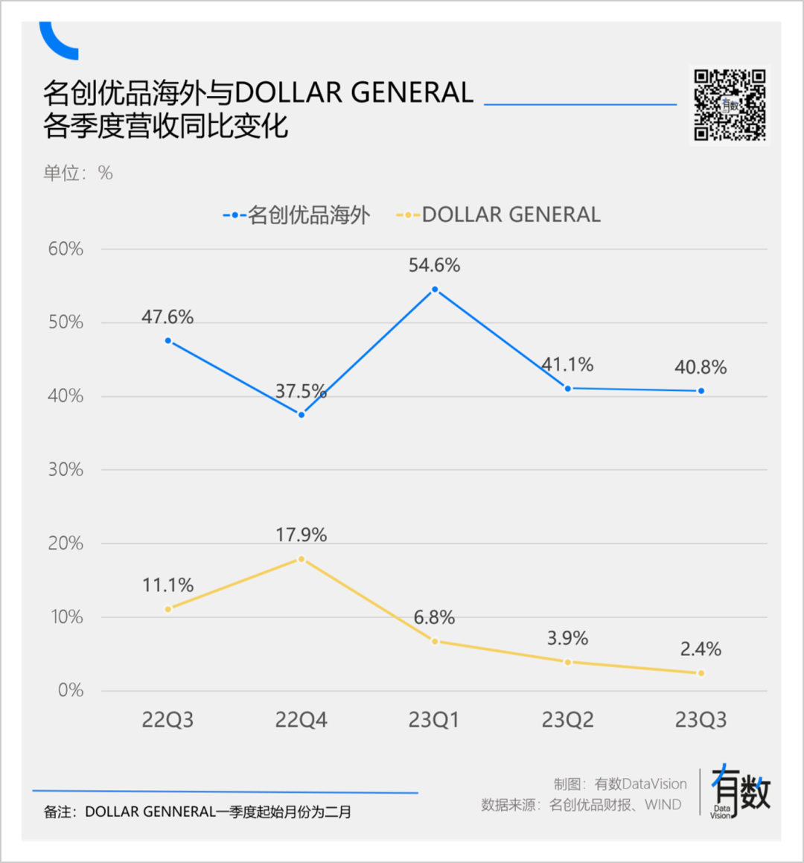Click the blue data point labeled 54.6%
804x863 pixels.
point(435,290)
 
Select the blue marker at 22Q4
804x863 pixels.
point(301,415)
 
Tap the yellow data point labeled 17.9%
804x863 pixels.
point(301,558)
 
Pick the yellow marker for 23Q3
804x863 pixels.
point(701,673)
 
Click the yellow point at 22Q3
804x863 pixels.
point(168,609)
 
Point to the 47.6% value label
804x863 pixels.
point(167,317)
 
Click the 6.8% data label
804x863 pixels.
point(434,617)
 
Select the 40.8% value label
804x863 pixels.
point(701,367)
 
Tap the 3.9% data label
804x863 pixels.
point(567,638)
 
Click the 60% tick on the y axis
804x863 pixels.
point(66,249)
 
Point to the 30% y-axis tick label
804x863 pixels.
point(66,469)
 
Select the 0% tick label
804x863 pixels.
point(71,690)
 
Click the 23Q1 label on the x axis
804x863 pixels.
point(434,720)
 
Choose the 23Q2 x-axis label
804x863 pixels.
point(567,720)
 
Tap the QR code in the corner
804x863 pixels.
point(730,105)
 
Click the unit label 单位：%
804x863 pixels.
point(78,173)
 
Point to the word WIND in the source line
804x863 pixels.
point(663,805)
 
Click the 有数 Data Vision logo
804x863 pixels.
point(740,792)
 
